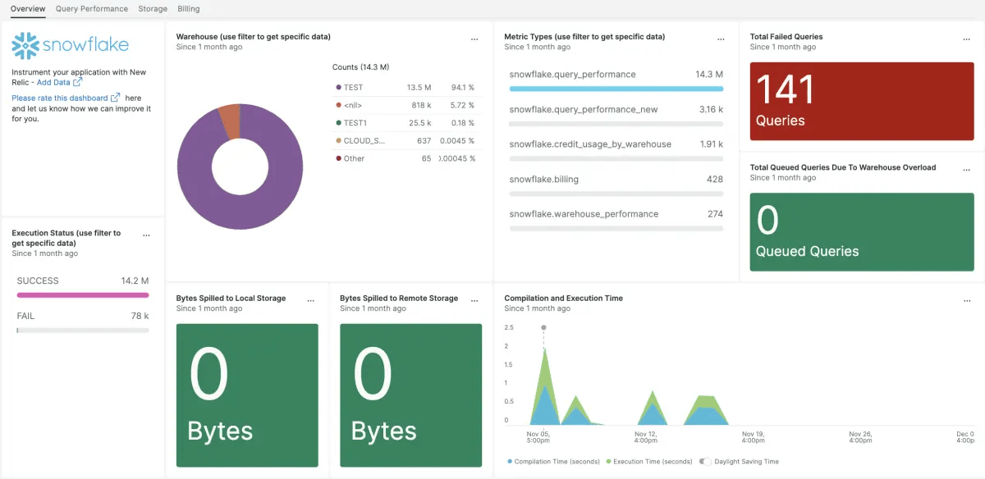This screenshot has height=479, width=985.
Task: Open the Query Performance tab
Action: click(x=92, y=9)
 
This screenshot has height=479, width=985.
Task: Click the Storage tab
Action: click(x=153, y=9)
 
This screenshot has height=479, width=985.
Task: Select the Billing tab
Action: click(x=188, y=9)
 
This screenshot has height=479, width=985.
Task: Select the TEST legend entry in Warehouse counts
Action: click(x=353, y=88)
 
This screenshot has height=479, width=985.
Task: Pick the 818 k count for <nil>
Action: click(x=421, y=106)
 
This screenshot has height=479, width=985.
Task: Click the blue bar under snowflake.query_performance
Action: click(x=616, y=89)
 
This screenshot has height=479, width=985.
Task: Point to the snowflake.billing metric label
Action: click(x=543, y=179)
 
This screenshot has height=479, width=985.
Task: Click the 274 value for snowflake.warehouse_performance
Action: click(x=714, y=214)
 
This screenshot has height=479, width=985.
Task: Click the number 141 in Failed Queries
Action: click(x=785, y=90)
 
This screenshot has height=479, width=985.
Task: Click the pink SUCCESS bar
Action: click(x=83, y=295)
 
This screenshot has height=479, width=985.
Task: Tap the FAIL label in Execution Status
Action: click(x=25, y=316)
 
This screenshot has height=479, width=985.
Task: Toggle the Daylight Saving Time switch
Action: click(x=704, y=462)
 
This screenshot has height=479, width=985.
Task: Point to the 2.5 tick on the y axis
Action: click(x=509, y=327)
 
